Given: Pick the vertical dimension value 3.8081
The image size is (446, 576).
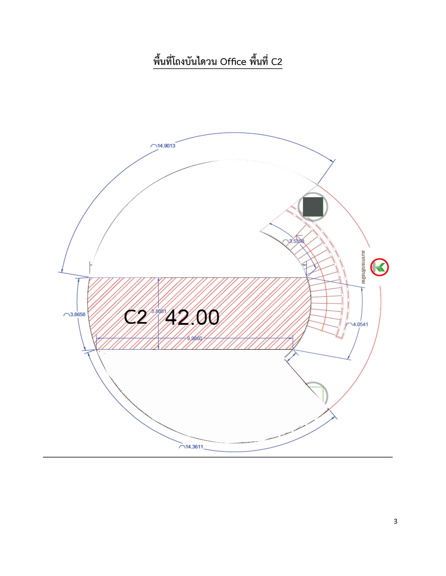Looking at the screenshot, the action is tap(159, 311).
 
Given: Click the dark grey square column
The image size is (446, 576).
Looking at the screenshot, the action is tap(313, 207).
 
